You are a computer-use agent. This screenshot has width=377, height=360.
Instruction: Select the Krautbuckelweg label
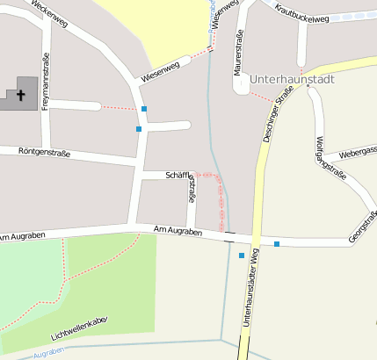[x=302, y=12]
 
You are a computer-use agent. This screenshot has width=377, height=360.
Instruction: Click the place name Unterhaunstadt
[x=293, y=79]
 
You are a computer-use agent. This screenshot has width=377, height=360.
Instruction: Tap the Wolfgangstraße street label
[x=330, y=158]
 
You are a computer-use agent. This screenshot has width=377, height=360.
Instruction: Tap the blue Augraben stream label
[x=48, y=352]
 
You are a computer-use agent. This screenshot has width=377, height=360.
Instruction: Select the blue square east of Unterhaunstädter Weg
[x=277, y=244]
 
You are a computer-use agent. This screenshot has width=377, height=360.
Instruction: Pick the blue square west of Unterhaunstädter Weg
[x=242, y=256]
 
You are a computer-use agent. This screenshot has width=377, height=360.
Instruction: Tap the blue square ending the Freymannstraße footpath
[x=144, y=109]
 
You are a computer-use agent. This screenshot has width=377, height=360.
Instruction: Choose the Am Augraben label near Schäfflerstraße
[x=178, y=232]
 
